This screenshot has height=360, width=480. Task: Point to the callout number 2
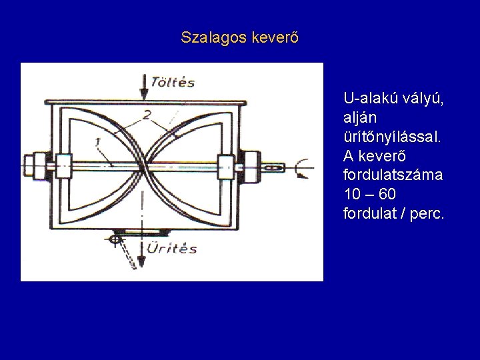[147, 114]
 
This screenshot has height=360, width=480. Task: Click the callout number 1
[97, 141]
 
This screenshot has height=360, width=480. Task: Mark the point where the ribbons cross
[143, 163]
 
